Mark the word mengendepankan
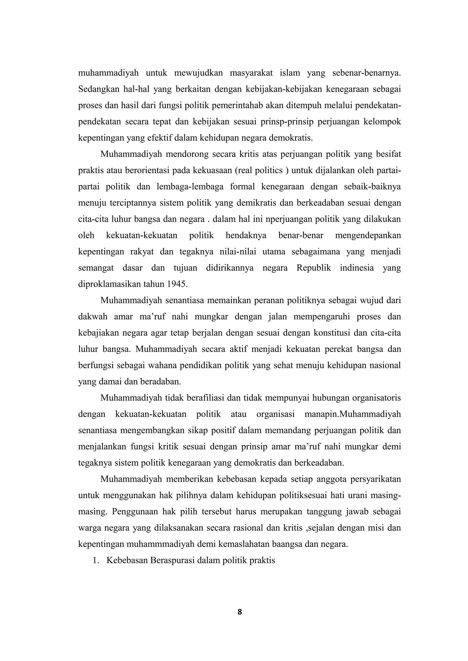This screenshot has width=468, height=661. pos(368,235)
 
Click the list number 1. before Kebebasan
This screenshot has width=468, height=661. pos(96,560)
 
